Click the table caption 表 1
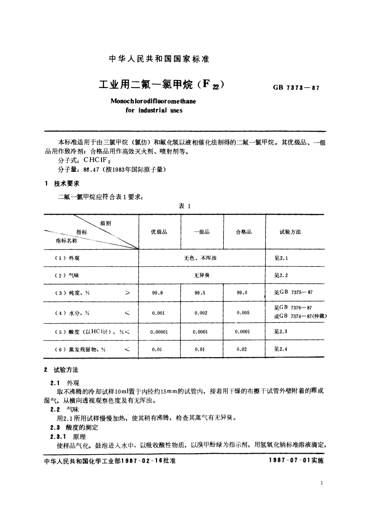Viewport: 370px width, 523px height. (x=185, y=206)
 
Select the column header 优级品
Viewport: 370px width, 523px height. (x=159, y=232)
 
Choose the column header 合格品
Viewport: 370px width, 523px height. (x=244, y=232)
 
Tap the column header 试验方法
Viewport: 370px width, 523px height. (x=290, y=232)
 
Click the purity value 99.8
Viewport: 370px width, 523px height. (x=158, y=293)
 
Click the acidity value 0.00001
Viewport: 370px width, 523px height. (x=160, y=332)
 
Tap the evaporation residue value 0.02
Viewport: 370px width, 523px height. (x=242, y=349)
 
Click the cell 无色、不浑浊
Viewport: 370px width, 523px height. (x=201, y=257)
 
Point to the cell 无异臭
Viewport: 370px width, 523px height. (x=201, y=275)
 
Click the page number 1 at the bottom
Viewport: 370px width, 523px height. (x=322, y=483)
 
